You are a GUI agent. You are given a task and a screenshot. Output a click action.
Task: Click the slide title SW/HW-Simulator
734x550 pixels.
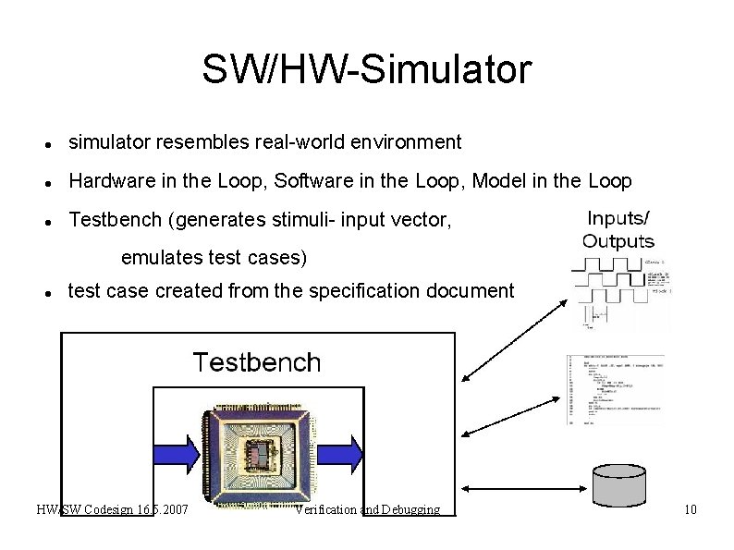367,69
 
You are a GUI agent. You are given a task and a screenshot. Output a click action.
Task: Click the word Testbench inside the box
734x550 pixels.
256,362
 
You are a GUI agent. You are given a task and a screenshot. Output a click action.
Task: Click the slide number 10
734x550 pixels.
690,510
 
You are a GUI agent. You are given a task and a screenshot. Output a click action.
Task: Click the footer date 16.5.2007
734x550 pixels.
163,510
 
